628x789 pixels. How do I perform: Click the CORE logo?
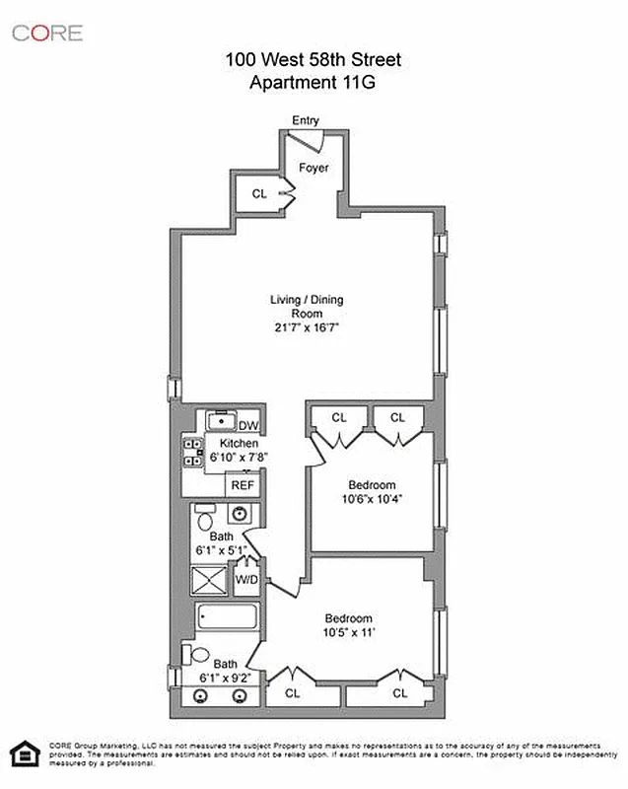pyautogui.click(x=46, y=34)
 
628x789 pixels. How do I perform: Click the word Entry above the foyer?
pyautogui.click(x=306, y=120)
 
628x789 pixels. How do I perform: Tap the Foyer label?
pyautogui.click(x=314, y=168)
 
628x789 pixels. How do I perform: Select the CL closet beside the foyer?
pyautogui.click(x=258, y=194)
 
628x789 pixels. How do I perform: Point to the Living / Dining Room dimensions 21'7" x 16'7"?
pyautogui.click(x=308, y=326)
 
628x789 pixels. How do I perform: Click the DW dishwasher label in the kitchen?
pyautogui.click(x=248, y=425)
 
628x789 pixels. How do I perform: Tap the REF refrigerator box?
pyautogui.click(x=243, y=485)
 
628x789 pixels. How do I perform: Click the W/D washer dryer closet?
pyautogui.click(x=245, y=580)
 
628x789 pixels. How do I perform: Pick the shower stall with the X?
pyautogui.click(x=209, y=580)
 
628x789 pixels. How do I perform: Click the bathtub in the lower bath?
pyautogui.click(x=227, y=619)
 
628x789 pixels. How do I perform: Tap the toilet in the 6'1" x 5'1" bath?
pyautogui.click(x=204, y=519)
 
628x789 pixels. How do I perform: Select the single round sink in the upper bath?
pyautogui.click(x=240, y=514)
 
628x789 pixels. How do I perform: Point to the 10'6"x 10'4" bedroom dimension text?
pyautogui.click(x=372, y=498)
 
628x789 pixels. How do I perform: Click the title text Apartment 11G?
pyautogui.click(x=314, y=83)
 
